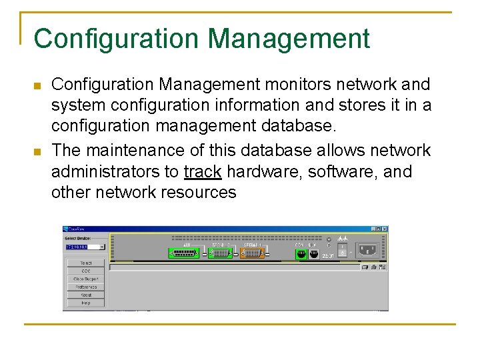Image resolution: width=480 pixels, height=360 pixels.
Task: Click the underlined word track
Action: (203, 172)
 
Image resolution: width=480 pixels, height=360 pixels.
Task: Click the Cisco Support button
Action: (86, 279)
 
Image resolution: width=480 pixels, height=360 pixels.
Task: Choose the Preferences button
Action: (86, 287)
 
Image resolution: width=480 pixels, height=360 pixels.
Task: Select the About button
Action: (86, 295)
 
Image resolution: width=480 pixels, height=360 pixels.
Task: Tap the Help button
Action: (86, 303)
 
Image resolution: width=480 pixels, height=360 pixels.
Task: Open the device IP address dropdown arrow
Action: (102, 247)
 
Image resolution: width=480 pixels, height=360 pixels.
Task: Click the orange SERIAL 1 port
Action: (254, 253)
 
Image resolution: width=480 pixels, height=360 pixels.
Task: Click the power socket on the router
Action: (367, 251)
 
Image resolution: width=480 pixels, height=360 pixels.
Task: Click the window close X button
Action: (384, 229)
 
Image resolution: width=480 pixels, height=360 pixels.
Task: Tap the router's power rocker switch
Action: (343, 250)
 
